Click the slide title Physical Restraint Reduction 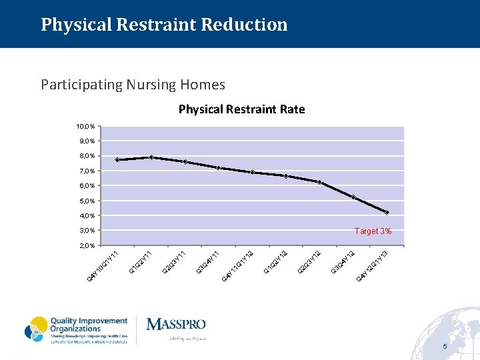(164, 25)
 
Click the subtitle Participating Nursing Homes (133, 85)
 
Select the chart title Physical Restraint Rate (241, 109)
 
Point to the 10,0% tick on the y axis (85, 126)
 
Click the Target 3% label (373, 231)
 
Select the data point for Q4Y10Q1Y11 (117, 160)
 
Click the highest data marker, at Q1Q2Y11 (151, 157)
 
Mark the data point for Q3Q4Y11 (219, 168)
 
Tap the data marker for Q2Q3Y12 (319, 183)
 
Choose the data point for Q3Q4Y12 (353, 197)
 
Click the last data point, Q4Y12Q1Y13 (387, 213)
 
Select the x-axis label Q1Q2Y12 (275, 261)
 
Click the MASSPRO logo (176, 325)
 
